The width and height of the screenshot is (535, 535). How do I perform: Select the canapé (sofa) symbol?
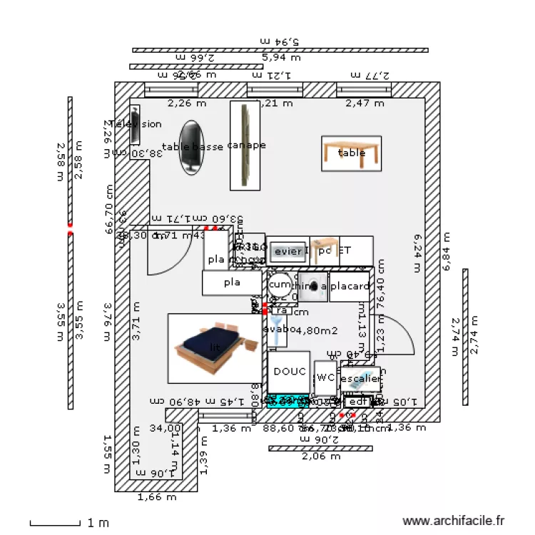[x=245, y=146]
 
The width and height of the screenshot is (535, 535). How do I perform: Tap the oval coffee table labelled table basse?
[x=190, y=147]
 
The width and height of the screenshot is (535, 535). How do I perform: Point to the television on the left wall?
[x=133, y=124]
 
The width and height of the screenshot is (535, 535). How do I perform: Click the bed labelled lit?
[x=215, y=347]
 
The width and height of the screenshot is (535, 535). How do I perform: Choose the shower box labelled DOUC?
[x=289, y=372]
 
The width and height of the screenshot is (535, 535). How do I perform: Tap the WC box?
[x=325, y=377]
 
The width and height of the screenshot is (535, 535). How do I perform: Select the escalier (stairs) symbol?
[x=360, y=379]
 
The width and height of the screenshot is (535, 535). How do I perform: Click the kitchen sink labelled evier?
[x=288, y=251]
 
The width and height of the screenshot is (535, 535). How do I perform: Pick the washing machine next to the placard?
[x=312, y=286]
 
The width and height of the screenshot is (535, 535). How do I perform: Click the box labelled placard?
[x=350, y=287]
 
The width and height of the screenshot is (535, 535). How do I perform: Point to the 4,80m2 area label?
[x=317, y=330]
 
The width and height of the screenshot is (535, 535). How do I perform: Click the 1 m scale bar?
[x=57, y=523]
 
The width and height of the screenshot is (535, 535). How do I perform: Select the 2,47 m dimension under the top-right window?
[x=365, y=103]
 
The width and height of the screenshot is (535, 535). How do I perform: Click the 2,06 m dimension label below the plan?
[x=320, y=457]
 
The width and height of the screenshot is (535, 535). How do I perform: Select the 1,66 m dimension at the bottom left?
[x=156, y=497]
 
